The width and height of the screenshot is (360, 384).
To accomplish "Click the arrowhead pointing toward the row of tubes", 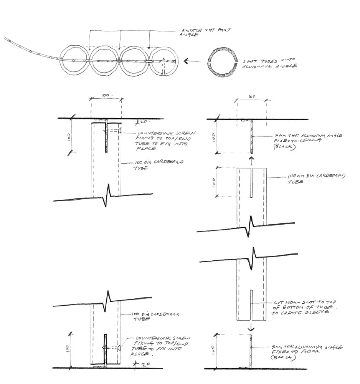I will click(186, 61).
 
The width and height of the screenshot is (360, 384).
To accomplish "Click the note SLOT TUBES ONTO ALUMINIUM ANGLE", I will click(273, 63).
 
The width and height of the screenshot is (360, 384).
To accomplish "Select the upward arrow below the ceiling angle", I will click(251, 159).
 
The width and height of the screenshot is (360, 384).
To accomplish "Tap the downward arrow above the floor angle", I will click(250, 328).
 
